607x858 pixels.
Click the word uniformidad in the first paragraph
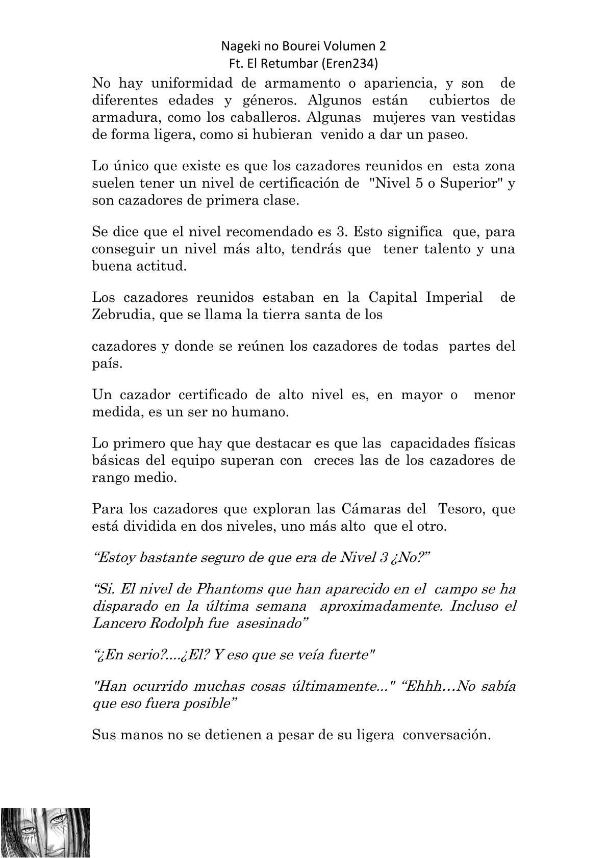(x=192, y=83)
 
